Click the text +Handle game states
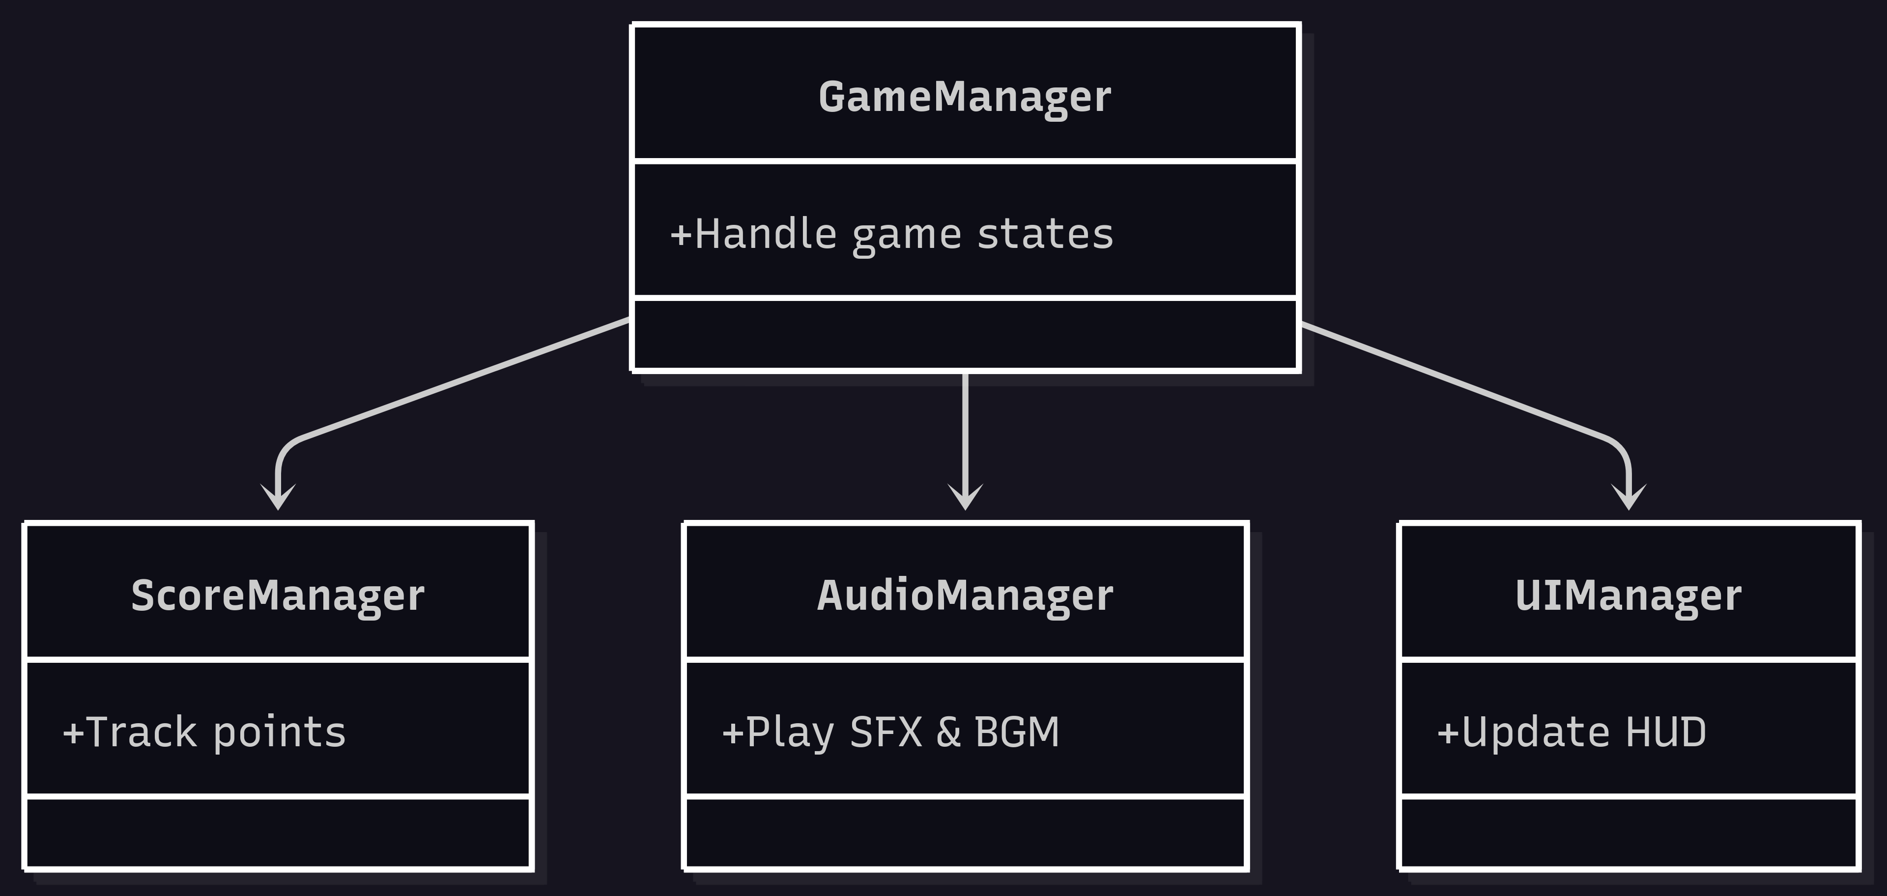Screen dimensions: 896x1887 click(x=891, y=234)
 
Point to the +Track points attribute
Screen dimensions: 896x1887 click(x=204, y=732)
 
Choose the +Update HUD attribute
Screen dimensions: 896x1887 click(x=1572, y=732)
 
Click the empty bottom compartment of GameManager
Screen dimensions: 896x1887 click(x=965, y=334)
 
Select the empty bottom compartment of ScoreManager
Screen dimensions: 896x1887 click(x=278, y=832)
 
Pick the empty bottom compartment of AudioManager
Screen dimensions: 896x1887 click(x=965, y=832)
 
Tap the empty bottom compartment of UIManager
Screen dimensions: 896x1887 click(x=1629, y=832)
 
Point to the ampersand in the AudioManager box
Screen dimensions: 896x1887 click(x=948, y=732)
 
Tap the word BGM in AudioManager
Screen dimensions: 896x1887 click(x=1018, y=732)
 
